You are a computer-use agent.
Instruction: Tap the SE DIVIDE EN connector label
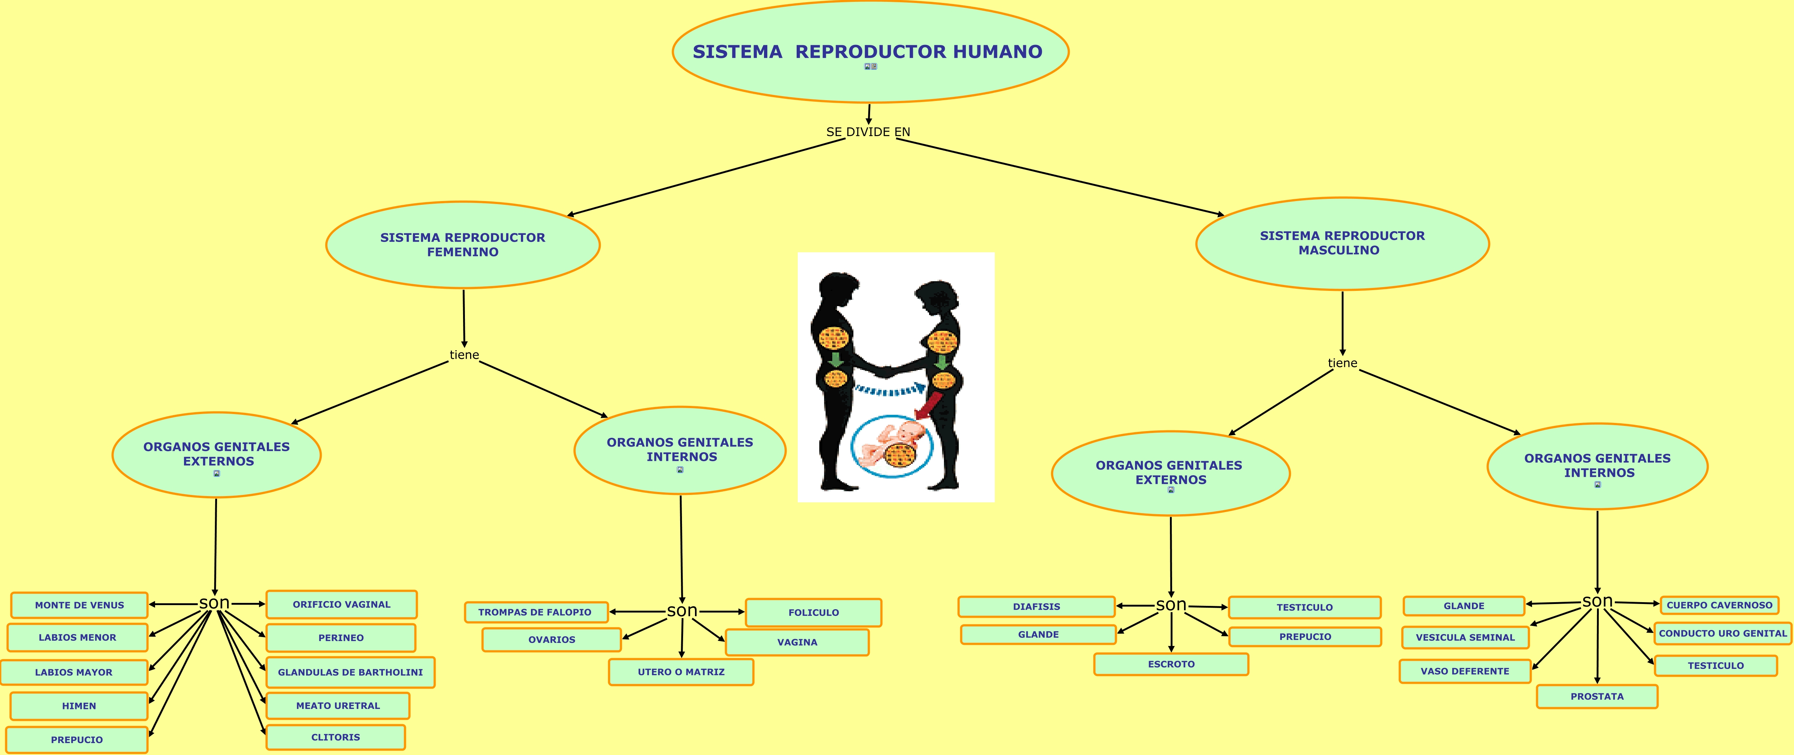tap(868, 132)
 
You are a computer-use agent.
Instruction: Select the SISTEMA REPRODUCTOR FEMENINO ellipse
tap(462, 244)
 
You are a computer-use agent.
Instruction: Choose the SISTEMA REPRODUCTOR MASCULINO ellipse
tap(1342, 243)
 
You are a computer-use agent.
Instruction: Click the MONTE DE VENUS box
tap(79, 605)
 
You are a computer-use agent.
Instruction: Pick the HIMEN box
tap(79, 706)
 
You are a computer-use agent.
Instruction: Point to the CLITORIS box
tap(336, 737)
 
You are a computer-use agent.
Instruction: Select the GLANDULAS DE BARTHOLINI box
tap(350, 672)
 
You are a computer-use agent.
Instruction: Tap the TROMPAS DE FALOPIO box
tap(535, 612)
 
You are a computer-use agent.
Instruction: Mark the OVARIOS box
tap(552, 639)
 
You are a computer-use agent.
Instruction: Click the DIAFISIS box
tap(1036, 607)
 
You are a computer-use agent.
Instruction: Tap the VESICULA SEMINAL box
tap(1465, 637)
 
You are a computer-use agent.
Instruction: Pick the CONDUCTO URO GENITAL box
tap(1722, 633)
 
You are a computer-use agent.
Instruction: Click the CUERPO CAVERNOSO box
tap(1719, 605)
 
